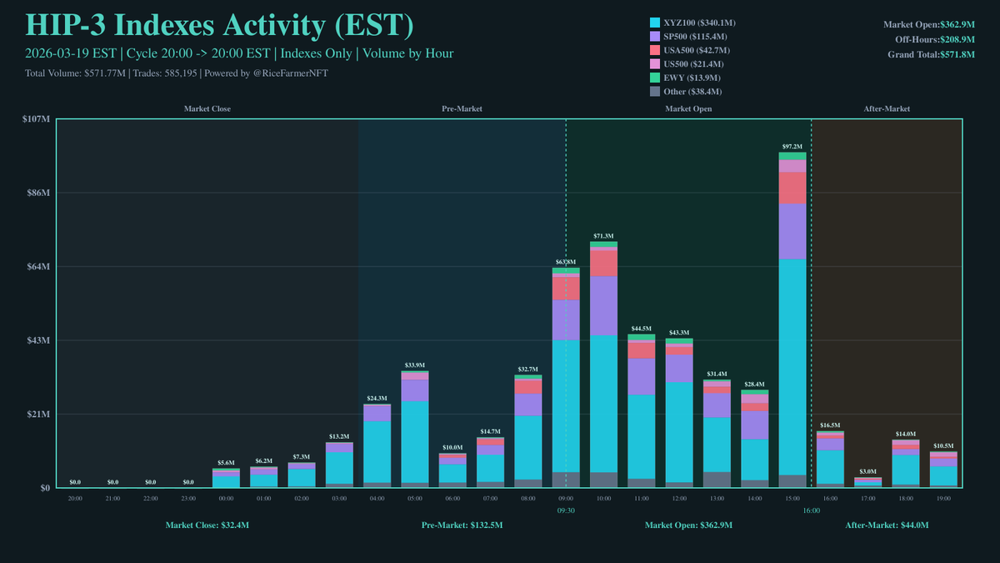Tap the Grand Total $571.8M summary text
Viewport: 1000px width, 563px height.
(931, 54)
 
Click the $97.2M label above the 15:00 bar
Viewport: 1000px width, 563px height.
(792, 146)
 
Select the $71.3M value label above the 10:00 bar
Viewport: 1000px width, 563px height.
(603, 236)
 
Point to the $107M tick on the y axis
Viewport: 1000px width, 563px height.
(37, 119)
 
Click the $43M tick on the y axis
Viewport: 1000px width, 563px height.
(39, 340)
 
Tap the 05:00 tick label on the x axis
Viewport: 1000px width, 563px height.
(414, 498)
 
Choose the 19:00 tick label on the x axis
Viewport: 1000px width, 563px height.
(943, 498)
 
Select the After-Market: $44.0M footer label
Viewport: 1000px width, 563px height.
(887, 525)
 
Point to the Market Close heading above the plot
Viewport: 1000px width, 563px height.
(207, 109)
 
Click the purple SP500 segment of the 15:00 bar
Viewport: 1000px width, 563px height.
(792, 231)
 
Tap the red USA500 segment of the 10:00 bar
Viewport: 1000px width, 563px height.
(603, 263)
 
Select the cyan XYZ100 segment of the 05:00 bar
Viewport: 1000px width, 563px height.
(414, 442)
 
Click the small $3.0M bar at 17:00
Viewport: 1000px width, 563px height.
(867, 482)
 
